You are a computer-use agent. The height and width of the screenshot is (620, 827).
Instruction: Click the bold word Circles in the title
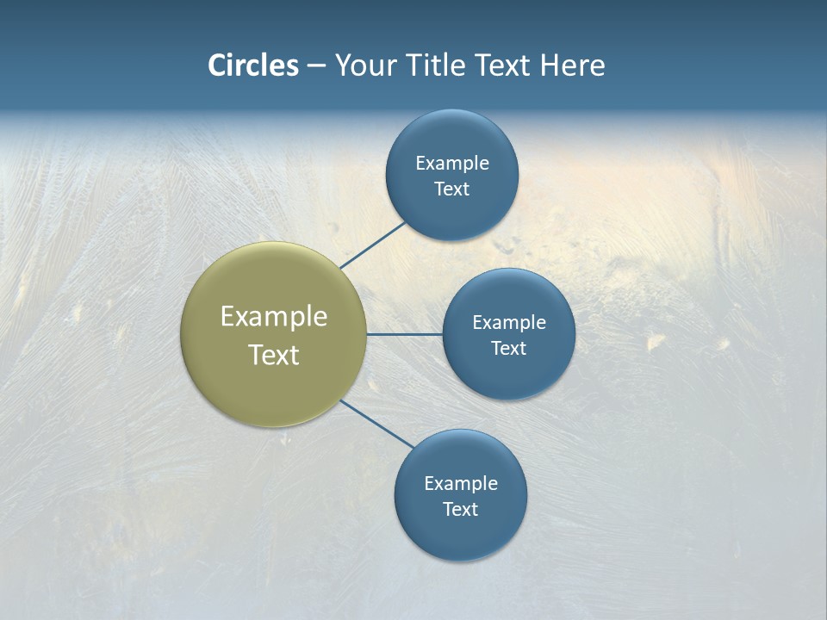252,65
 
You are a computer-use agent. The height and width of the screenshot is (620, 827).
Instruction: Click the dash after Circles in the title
316,66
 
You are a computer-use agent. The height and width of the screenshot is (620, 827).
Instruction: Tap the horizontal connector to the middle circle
404,334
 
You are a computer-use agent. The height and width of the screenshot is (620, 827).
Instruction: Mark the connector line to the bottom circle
376,424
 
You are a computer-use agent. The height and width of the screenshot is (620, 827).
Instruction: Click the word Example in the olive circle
274,316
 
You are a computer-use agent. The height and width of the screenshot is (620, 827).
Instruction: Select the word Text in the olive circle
274,355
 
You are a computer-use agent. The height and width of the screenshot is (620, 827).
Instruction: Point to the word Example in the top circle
452,164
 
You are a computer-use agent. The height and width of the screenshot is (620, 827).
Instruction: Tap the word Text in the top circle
451,189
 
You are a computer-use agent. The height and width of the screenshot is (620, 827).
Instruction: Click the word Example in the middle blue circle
509,323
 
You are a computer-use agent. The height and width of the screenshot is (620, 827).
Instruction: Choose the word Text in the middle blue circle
508,349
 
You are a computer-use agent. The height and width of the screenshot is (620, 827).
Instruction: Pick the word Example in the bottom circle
461,484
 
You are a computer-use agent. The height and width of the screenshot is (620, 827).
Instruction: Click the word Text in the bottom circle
460,510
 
